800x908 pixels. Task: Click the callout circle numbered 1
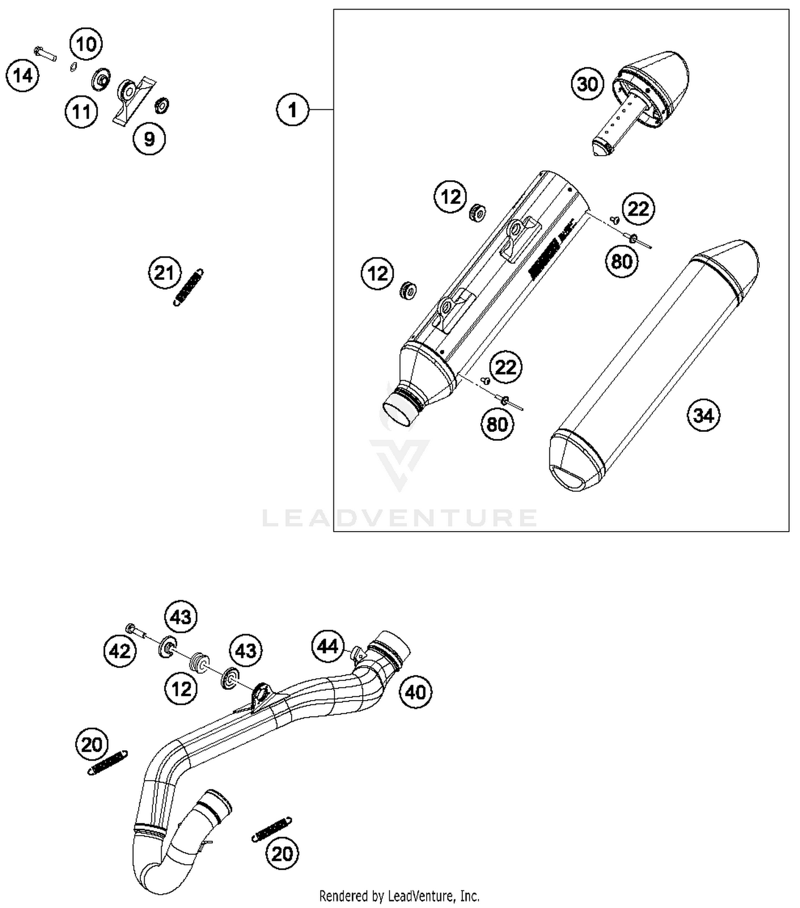point(292,110)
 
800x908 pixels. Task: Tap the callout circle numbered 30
point(587,84)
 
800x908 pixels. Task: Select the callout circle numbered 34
point(703,415)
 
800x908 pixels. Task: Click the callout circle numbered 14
point(22,76)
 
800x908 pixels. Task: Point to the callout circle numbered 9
point(149,139)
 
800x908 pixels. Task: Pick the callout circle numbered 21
point(164,273)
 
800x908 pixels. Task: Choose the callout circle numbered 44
point(327,646)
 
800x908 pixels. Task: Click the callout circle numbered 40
point(415,692)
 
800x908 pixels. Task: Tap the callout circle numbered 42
point(119,650)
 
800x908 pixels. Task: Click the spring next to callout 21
point(189,287)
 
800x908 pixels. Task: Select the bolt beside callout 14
point(45,53)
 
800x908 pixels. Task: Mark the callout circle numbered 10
point(86,44)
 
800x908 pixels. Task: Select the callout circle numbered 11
point(81,112)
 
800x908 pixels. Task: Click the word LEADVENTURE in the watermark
point(400,518)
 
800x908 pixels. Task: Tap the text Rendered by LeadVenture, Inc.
point(399,895)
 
